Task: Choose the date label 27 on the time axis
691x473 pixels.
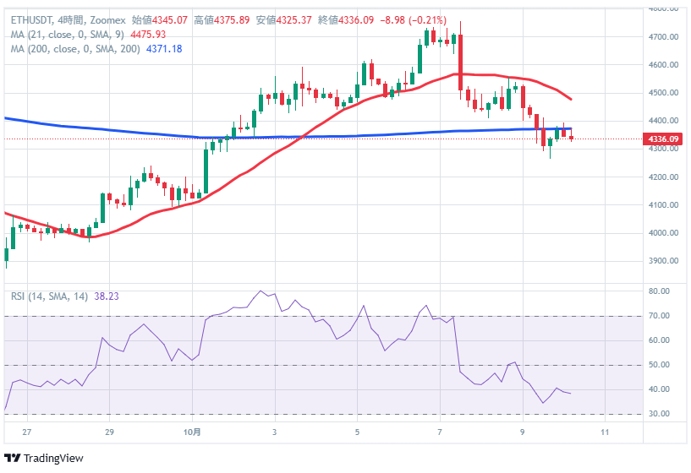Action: (27, 432)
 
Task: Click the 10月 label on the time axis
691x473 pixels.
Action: (193, 432)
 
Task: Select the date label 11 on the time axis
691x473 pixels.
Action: (605, 432)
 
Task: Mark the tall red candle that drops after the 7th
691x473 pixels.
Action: (461, 65)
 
